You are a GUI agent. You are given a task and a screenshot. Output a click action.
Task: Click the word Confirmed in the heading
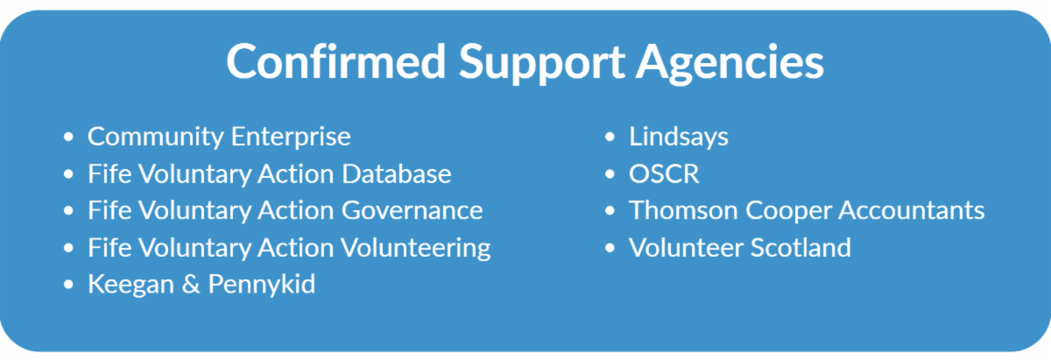coord(336,62)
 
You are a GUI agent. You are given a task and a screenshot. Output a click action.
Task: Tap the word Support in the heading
coord(541,64)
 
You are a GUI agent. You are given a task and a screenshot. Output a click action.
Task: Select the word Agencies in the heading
coord(730,64)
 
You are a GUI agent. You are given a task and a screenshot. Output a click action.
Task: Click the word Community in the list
coord(156,138)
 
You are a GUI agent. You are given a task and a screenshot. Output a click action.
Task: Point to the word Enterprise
coord(291,138)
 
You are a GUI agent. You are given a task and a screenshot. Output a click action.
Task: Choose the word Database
coord(397,173)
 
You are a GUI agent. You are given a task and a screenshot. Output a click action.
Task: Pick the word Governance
coord(412,210)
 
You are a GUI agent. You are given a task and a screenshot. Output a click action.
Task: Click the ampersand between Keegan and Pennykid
coord(191,284)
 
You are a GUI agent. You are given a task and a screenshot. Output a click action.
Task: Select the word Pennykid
coord(261,285)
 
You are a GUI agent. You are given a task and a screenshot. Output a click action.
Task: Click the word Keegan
coord(130,285)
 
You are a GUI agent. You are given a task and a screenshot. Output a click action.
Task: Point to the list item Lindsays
coord(679,138)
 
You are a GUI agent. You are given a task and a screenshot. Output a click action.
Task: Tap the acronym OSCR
coord(664,173)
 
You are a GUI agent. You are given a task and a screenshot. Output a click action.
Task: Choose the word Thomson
coord(684,210)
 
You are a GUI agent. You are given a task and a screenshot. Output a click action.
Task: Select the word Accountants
coord(911,210)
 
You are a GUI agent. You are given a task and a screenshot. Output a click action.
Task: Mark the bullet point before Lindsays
coord(610,137)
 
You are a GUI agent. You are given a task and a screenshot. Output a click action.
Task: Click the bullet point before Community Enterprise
coord(68,137)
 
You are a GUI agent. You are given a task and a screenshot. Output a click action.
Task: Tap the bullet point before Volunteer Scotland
coord(610,248)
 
